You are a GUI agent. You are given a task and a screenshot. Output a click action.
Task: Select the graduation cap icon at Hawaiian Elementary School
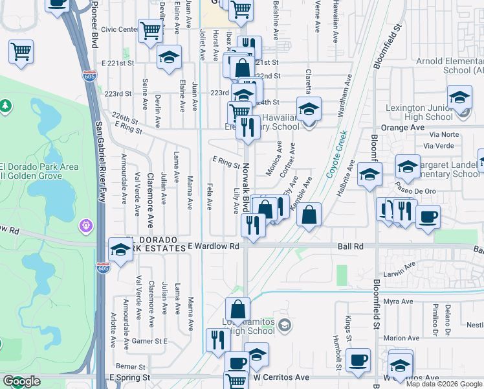pos(309,109)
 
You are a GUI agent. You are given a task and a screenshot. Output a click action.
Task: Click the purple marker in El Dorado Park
pos(85,226)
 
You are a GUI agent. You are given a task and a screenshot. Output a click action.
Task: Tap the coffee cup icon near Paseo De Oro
pos(427,217)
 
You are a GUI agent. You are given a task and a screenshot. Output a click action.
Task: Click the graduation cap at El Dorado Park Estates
pos(120,250)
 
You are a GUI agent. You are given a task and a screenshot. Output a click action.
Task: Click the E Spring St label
pos(130,377)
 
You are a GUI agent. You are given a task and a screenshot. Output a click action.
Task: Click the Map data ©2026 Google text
pos(444,384)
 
